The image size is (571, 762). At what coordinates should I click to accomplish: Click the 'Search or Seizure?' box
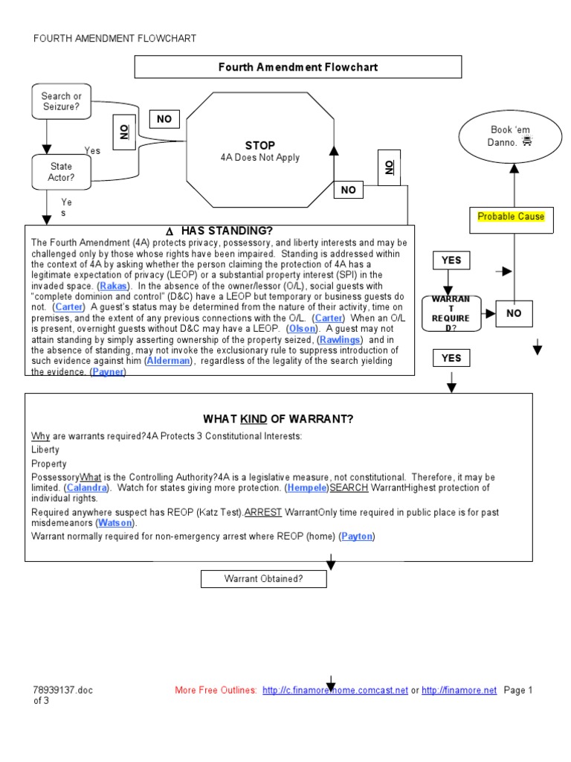tap(61, 102)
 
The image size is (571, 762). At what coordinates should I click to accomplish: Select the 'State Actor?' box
tap(61, 172)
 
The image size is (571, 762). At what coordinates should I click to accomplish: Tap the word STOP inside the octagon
tap(259, 145)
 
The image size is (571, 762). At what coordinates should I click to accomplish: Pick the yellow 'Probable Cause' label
tap(511, 217)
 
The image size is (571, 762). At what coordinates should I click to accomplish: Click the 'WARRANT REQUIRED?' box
tap(451, 313)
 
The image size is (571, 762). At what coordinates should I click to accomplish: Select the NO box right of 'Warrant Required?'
tap(514, 313)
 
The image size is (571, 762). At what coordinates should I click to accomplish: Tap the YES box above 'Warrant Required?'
tap(451, 260)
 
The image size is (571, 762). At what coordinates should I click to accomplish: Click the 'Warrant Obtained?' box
tap(264, 578)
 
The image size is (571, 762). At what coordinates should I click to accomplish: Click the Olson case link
tap(301, 328)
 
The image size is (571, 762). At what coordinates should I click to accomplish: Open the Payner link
tap(108, 372)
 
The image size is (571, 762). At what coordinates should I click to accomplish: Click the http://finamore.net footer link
tap(459, 691)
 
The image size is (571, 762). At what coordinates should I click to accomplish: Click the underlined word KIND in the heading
tap(254, 419)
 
